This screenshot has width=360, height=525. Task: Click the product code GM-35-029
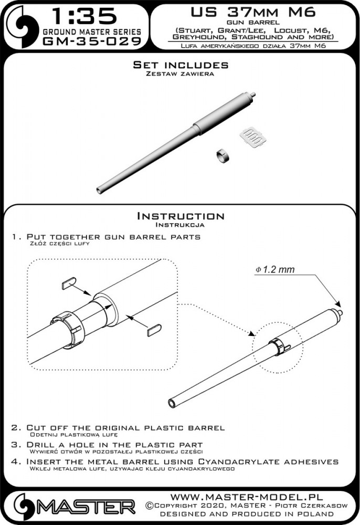pyautogui.click(x=92, y=41)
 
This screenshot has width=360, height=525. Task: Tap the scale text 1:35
pyautogui.click(x=85, y=17)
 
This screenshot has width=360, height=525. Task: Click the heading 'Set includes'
pyautogui.click(x=181, y=65)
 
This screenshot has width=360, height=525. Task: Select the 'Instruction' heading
pyautogui.click(x=181, y=216)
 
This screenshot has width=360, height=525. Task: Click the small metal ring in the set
pyautogui.click(x=221, y=156)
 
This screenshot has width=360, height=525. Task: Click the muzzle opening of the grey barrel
pyautogui.click(x=99, y=190)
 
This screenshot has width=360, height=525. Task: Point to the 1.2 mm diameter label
pyautogui.click(x=275, y=269)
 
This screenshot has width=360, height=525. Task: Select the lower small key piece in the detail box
pyautogui.click(x=154, y=330)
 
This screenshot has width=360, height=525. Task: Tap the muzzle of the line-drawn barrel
pyautogui.click(x=173, y=403)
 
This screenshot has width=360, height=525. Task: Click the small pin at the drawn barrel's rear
pyautogui.click(x=340, y=312)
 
